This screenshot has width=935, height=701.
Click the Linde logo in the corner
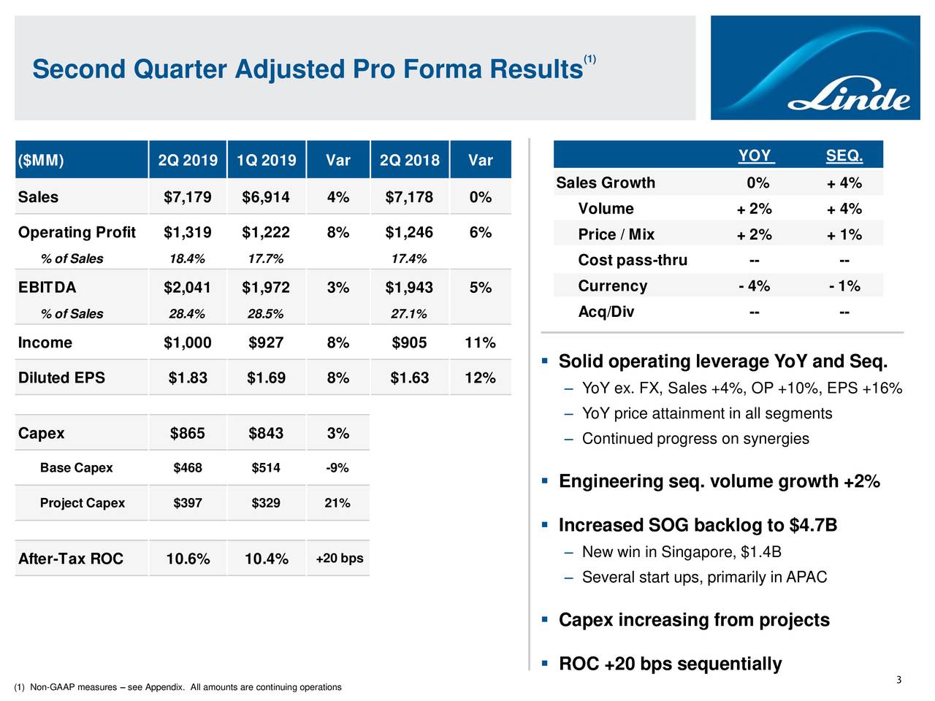pos(849,98)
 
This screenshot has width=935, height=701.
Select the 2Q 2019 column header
pos(188,160)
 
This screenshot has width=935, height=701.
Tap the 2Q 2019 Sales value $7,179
pos(188,197)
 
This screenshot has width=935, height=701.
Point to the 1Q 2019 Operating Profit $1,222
pos(266,232)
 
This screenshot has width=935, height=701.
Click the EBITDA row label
pos(47,288)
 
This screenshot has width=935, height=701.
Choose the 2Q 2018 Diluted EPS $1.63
pos(410,378)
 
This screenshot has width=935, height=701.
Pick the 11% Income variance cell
pos(480,342)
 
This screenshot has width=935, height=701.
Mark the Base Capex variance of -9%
pos(337,468)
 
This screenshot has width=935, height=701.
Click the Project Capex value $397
pos(188,503)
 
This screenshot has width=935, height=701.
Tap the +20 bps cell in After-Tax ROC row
pos(339,559)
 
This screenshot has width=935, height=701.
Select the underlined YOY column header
pos(755,156)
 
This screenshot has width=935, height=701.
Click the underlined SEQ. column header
pos(844,156)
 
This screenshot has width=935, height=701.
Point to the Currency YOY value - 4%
pos(754,286)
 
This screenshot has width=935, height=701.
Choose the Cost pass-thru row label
pos(633,261)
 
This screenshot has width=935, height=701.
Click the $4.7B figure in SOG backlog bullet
pos(813,526)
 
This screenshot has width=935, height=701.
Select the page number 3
pos(898,681)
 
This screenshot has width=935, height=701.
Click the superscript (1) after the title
pos(590,59)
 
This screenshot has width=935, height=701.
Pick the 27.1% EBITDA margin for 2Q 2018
pos(408,314)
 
